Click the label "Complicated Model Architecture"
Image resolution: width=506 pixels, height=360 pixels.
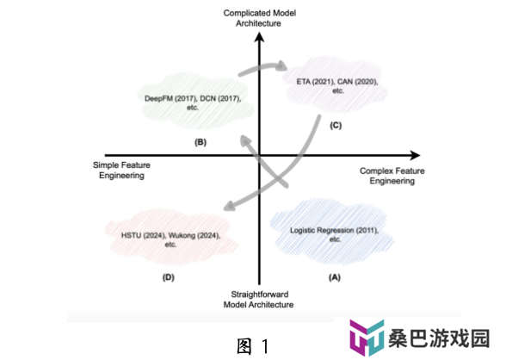tap(260, 18)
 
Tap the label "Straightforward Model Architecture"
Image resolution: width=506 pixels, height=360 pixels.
tap(258, 300)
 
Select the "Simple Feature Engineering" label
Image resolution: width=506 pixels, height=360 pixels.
tap(121, 171)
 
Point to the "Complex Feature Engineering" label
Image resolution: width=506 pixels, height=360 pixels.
tap(392, 176)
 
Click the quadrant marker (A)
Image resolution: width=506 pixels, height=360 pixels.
tap(335, 277)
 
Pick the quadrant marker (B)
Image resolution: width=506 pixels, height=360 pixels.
tap(201, 142)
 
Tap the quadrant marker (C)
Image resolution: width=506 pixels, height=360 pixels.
tap(336, 125)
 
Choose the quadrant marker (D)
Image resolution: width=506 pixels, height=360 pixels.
tap(169, 277)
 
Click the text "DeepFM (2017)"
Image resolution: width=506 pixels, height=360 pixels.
tap(170, 98)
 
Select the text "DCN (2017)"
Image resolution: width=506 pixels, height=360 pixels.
tap(220, 98)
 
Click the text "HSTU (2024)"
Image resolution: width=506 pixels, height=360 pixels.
tap(143, 235)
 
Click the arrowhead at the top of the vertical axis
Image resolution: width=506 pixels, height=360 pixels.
tap(259, 37)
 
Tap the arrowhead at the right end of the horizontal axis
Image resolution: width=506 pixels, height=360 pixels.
tap(415, 155)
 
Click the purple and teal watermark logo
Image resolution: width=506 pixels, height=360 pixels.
tap(367, 338)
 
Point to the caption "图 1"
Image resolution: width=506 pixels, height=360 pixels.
tap(252, 346)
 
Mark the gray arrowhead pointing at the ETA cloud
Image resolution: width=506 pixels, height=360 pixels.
tap(282, 65)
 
